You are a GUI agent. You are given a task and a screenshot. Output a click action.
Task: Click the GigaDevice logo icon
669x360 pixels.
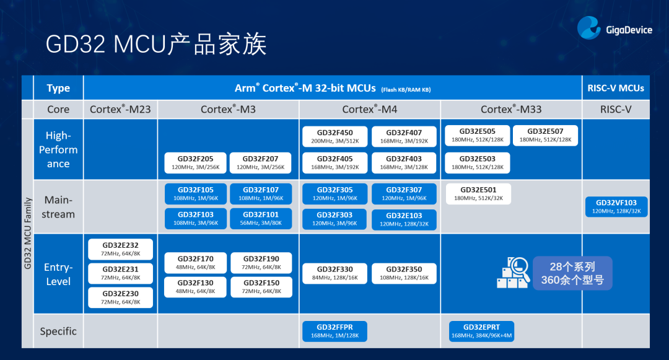[x=589, y=29]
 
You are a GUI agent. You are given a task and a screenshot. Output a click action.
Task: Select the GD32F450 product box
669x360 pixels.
[x=335, y=136]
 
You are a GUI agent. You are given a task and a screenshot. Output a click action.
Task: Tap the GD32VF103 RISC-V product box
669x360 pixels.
[x=616, y=206]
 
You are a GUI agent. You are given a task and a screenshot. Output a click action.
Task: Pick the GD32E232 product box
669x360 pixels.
[x=121, y=249]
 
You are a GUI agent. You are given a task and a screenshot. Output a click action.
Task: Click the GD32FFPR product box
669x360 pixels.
[x=334, y=331]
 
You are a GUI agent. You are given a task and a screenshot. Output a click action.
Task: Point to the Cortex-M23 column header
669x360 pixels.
[x=120, y=109]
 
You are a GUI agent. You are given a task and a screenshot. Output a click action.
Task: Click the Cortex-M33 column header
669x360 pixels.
[x=511, y=109]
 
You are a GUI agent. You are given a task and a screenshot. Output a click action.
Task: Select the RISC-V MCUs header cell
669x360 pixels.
[x=616, y=88]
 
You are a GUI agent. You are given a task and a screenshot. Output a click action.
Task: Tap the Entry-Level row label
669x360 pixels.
[x=58, y=274]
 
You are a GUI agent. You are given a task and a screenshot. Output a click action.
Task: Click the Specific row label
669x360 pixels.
[x=58, y=331]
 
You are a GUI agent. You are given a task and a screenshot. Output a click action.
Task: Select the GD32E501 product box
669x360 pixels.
[x=478, y=194]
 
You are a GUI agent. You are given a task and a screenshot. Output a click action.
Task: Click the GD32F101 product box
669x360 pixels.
[x=261, y=217]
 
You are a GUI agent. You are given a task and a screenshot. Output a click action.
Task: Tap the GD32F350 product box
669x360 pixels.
[x=404, y=273]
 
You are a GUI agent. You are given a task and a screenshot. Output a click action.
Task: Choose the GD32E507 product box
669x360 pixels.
[x=546, y=135]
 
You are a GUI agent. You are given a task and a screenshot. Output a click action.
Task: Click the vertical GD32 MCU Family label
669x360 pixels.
[x=27, y=232]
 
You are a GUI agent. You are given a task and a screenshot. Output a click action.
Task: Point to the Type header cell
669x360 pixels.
[x=58, y=88]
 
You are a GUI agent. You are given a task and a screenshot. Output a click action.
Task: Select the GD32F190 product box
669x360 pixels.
[x=261, y=263]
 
